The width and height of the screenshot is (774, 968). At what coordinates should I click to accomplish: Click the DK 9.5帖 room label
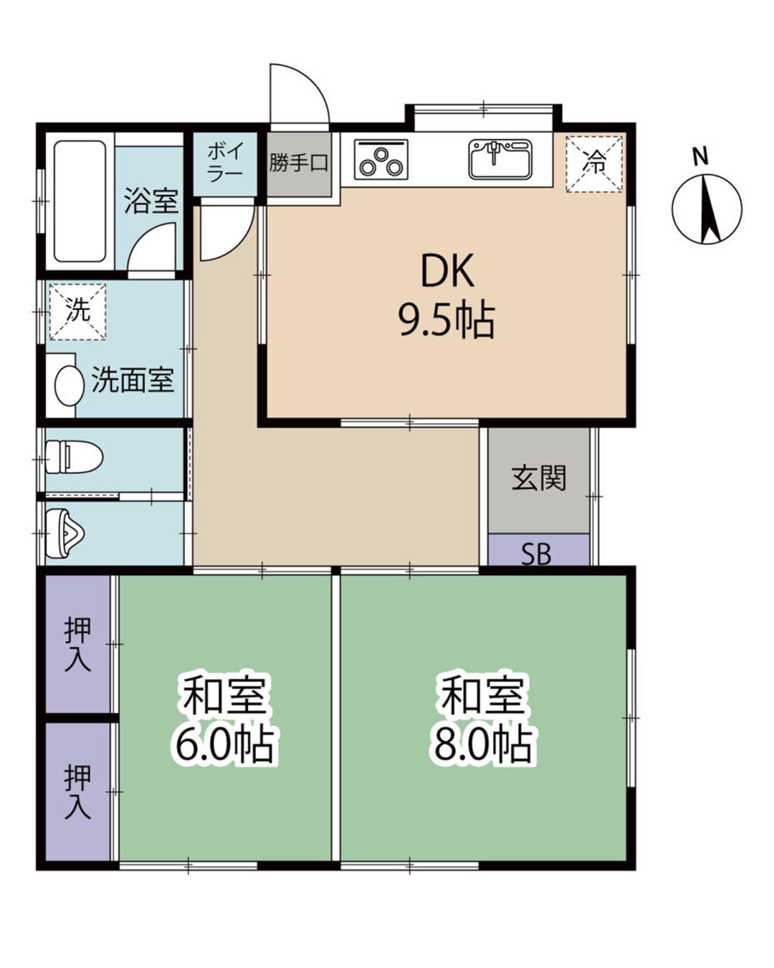click(447, 295)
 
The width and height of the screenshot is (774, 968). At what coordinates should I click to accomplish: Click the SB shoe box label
click(536, 554)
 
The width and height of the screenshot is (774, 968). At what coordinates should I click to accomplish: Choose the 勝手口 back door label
click(299, 163)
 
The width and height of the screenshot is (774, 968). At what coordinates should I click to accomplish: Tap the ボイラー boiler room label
click(225, 161)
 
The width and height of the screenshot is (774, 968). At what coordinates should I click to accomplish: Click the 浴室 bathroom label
click(151, 200)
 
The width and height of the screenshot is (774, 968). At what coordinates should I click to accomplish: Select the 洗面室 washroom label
click(133, 380)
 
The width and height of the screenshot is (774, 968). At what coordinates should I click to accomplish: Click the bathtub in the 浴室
click(80, 201)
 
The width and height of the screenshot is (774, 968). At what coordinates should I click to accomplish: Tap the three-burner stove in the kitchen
click(381, 160)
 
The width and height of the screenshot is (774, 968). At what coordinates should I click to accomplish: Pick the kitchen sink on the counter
click(500, 159)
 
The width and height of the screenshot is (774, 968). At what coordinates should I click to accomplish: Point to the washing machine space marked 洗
click(77, 311)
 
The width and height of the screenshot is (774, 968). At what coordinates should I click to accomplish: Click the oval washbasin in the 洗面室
click(70, 386)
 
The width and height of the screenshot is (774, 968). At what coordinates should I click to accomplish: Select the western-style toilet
click(75, 457)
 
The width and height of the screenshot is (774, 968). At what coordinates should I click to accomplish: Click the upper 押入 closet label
click(78, 645)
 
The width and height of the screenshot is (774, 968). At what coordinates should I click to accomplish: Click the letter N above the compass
click(699, 158)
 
